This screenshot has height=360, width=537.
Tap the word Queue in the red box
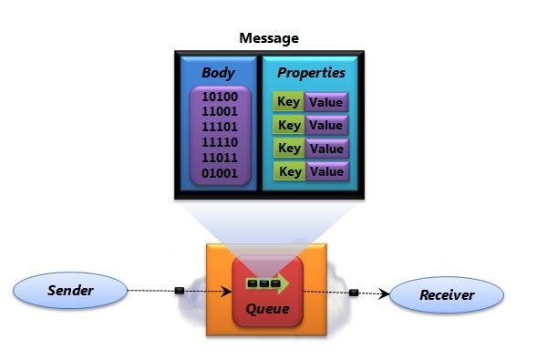click(268, 308)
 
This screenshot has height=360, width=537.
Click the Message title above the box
click(268, 38)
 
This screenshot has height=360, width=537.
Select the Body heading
click(218, 72)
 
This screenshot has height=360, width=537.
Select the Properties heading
click(312, 72)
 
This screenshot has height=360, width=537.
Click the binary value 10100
click(219, 96)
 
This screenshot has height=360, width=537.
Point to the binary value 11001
click(219, 110)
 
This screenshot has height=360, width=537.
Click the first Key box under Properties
click(289, 102)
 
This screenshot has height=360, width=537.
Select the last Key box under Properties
click(289, 171)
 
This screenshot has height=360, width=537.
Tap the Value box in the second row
click(325, 125)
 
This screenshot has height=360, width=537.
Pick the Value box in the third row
click(325, 149)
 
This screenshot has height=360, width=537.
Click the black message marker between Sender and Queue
click(180, 292)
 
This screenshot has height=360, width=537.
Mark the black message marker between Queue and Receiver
click(354, 293)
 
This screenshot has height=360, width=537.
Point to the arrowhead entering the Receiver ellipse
click(387, 293)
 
